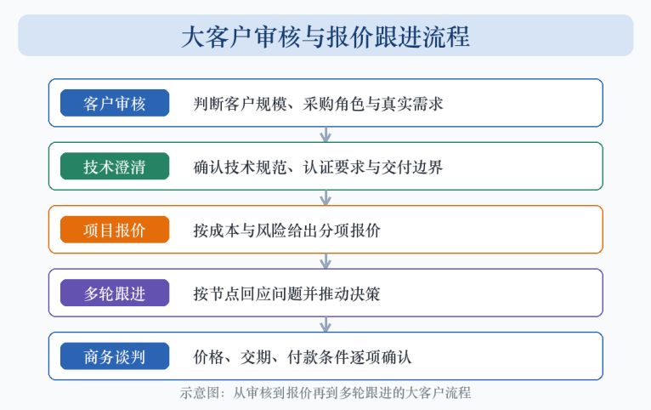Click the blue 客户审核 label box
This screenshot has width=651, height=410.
coord(115,103)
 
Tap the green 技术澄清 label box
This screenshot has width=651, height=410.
coord(115,166)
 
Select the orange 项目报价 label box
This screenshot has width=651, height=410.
coord(115,230)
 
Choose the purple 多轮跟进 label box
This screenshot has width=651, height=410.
coord(115,293)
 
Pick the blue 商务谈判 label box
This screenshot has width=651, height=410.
coord(115,356)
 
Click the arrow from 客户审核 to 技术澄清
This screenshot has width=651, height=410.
coord(325,134)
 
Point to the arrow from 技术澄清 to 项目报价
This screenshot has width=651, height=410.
coord(325,197)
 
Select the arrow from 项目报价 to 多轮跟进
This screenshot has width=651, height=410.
coord(325,261)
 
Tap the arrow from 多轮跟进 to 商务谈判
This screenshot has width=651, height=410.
coord(325,324)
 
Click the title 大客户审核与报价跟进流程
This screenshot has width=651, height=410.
coord(325,37)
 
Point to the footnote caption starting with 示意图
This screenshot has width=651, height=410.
coord(325,392)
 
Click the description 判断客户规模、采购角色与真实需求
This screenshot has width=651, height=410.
coord(318,104)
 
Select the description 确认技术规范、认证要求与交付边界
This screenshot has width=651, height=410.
coord(318,167)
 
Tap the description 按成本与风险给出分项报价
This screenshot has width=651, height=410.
coord(286,231)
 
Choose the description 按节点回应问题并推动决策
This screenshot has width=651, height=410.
coord(286,293)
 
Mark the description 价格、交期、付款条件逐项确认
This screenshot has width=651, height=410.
coord(303,357)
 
